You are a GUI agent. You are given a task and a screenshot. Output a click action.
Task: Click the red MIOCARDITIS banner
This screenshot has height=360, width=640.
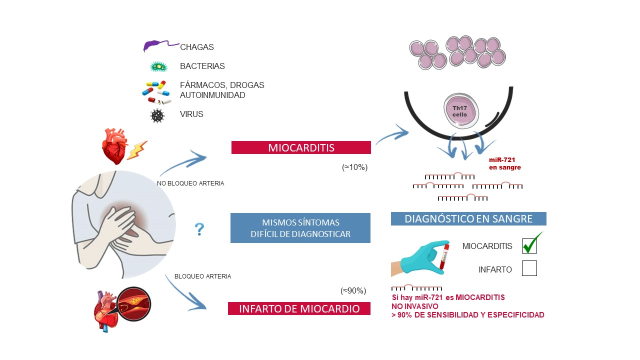click(x=301, y=147)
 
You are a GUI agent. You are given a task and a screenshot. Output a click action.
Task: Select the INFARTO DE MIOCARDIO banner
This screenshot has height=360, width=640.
click(x=299, y=308)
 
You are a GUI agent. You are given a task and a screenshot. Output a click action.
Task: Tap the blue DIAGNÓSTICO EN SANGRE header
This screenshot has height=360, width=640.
click(x=468, y=218)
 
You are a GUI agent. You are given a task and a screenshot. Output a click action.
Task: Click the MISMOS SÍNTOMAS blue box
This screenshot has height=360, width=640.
click(x=300, y=228)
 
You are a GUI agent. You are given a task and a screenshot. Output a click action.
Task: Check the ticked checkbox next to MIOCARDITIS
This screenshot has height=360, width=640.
click(x=529, y=245)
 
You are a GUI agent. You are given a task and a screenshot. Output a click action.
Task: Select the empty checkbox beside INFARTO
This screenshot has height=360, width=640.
click(x=529, y=268)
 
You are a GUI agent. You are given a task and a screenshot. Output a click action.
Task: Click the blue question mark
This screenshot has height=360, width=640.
click(x=199, y=229)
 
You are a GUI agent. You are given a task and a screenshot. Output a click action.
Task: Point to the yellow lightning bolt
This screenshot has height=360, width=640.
click(x=137, y=150)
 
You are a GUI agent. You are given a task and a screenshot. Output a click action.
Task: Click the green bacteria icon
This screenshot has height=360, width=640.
click(x=159, y=67)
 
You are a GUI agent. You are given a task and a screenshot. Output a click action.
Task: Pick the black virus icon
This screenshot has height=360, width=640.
click(x=157, y=115)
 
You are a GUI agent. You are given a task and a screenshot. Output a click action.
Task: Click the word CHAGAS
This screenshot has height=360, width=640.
click(x=197, y=47)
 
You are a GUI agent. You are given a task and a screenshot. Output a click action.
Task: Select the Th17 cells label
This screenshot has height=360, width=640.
click(x=459, y=111)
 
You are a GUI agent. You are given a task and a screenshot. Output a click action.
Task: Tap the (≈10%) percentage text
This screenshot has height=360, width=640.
click(x=354, y=167)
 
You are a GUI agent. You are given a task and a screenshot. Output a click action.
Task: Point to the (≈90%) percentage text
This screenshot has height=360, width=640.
click(x=353, y=291)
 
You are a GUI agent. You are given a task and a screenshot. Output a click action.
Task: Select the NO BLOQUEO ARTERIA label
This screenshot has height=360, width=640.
click(x=190, y=183)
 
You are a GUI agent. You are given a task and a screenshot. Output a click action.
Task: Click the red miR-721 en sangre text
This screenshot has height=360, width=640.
click(x=505, y=163)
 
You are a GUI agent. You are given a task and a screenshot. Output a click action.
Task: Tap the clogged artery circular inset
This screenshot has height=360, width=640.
click(x=134, y=304)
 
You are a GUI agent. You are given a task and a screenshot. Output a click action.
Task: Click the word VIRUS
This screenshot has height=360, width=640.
click(x=191, y=114)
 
